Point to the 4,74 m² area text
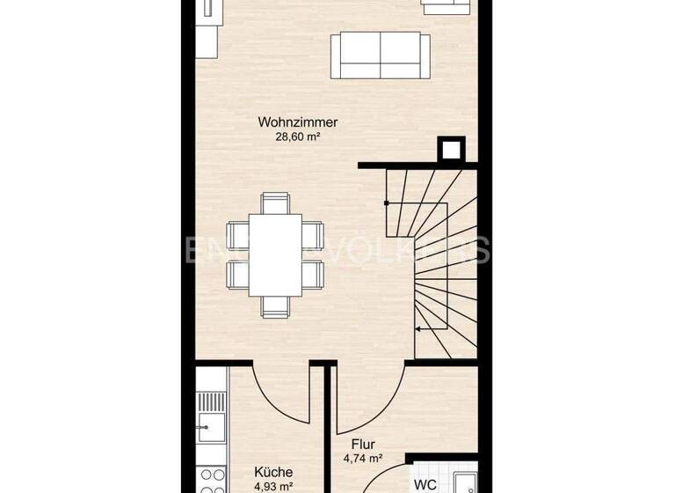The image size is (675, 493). tap(362, 458)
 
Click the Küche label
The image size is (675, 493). tap(273, 473)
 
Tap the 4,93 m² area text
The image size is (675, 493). tap(273, 485)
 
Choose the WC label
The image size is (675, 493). tap(425, 483)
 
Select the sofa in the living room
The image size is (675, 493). tap(380, 55)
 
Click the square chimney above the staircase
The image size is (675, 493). tap(452, 150)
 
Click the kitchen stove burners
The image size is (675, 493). tap(211, 479)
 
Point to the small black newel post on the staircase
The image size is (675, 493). tap(386, 203)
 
